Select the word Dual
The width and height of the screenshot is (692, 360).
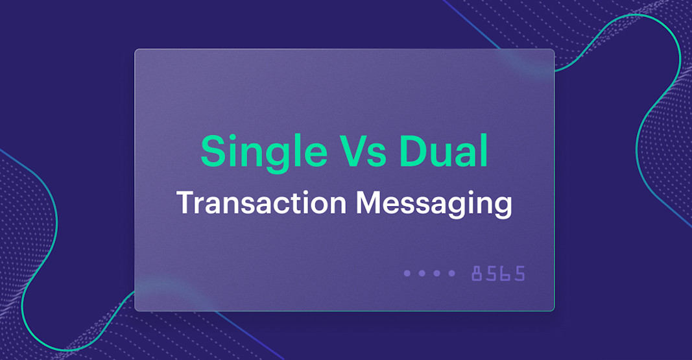pos(444,152)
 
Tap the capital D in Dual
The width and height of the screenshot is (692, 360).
pos(414,152)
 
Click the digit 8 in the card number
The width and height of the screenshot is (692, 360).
pos(477,273)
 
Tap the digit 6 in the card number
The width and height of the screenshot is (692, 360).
pos(506,273)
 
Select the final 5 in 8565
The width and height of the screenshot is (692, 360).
pos(519,273)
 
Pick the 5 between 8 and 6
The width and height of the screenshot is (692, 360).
pos(492,273)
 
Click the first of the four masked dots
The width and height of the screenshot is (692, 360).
pos(407,273)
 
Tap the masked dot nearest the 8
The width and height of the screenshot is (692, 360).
pos(452,273)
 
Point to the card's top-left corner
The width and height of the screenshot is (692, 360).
pos(136,50)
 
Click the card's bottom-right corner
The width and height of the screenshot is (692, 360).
pos(554,310)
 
